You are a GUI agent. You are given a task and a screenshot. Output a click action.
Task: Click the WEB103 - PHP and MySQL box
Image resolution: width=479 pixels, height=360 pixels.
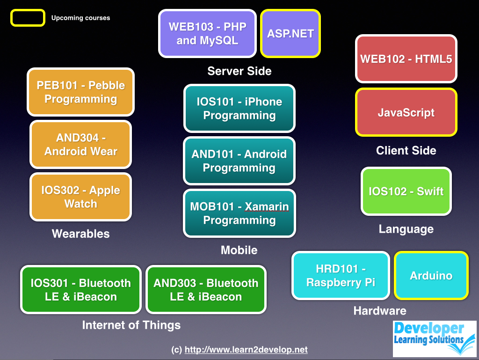(x=207, y=34)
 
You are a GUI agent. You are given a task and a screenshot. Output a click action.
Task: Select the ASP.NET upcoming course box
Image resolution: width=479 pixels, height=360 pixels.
(x=290, y=34)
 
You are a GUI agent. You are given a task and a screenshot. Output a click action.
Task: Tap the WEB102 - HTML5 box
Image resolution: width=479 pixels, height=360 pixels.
(x=406, y=59)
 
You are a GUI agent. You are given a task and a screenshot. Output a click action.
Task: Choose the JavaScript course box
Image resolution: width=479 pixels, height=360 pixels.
(x=406, y=112)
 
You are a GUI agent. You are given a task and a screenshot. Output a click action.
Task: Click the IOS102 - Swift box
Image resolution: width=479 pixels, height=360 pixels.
(x=406, y=191)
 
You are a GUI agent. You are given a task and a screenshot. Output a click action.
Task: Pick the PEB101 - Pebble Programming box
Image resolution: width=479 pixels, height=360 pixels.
(x=80, y=92)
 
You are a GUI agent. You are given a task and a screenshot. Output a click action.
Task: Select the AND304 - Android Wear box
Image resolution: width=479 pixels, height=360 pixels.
(x=80, y=145)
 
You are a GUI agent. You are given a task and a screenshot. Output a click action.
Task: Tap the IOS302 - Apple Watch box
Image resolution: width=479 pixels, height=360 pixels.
(x=80, y=197)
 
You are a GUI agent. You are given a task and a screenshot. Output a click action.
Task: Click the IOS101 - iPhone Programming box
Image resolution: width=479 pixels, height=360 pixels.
(x=239, y=109)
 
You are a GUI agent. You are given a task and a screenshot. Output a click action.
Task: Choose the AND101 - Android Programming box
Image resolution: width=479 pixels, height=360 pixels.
(x=239, y=161)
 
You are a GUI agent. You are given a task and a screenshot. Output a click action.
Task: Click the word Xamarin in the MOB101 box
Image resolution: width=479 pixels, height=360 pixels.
(x=267, y=207)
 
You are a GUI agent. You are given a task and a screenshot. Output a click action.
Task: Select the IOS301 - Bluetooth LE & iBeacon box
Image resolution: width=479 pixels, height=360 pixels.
(x=80, y=290)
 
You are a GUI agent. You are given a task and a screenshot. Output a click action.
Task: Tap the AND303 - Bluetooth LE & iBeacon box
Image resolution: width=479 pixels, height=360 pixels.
(x=206, y=290)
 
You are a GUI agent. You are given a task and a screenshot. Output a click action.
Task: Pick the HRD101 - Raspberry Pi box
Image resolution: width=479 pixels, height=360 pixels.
(x=341, y=276)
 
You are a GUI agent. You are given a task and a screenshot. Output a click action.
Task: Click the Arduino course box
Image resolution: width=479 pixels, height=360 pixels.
(x=431, y=276)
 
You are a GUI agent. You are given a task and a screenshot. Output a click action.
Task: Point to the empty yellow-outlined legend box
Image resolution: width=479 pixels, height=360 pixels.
(x=28, y=18)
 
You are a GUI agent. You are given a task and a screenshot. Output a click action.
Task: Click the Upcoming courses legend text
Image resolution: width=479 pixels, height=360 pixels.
(x=80, y=18)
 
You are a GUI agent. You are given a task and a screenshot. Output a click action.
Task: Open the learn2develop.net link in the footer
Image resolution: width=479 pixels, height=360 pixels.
(x=246, y=350)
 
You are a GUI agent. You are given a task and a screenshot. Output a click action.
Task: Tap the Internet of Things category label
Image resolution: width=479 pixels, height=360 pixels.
(x=131, y=325)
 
